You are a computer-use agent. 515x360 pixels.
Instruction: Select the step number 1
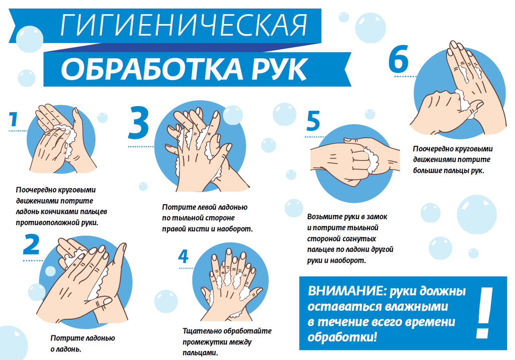point(14,120)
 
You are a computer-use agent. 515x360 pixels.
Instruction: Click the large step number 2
point(31,245)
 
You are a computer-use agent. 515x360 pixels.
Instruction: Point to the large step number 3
point(138,123)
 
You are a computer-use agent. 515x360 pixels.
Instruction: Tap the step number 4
point(183,256)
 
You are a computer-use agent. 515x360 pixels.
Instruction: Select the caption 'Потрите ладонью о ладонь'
point(83,343)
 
